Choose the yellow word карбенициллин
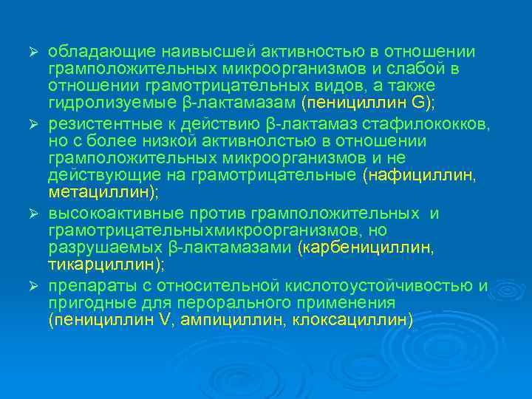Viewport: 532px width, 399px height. click(358, 248)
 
